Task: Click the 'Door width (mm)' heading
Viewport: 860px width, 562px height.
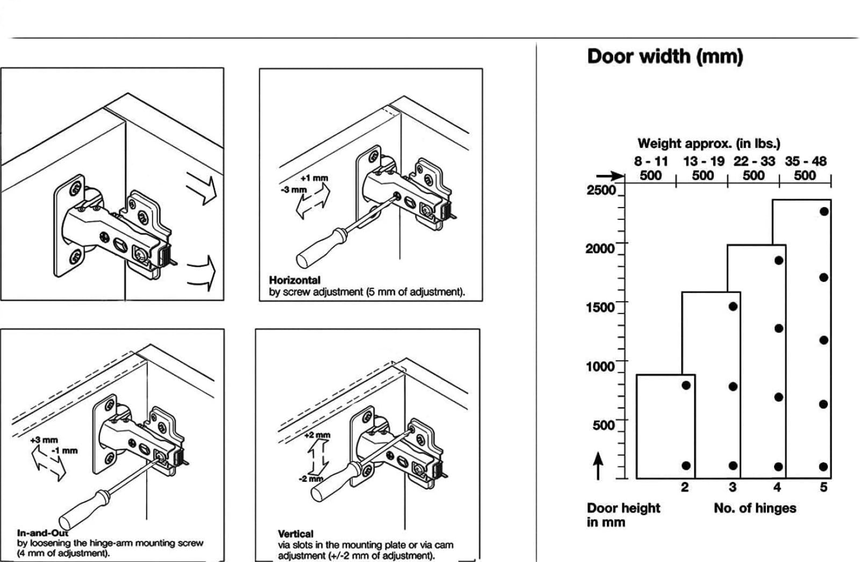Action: pos(665,57)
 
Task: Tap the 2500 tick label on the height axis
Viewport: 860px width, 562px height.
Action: pos(601,190)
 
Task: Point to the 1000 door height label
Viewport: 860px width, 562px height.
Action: pos(600,366)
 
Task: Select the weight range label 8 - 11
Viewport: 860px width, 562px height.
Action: pos(651,161)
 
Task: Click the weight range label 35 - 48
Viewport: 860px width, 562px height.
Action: pos(806,161)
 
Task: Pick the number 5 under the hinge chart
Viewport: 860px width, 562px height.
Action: pos(823,487)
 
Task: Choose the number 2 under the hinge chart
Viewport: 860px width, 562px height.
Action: pos(685,487)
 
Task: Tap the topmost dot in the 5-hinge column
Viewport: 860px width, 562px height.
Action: pos(825,211)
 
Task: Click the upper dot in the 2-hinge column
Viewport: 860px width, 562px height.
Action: pos(686,385)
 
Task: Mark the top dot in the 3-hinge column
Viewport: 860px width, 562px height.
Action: pos(733,307)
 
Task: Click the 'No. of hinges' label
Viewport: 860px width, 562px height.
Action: pos(755,508)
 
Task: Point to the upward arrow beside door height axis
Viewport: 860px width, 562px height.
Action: pos(598,466)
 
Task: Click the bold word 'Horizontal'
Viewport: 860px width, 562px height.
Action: pos(295,280)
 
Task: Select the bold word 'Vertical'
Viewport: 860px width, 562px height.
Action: pos(296,534)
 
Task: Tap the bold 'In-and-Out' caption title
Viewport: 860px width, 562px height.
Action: pos(42,533)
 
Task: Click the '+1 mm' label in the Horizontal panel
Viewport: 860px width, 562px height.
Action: pos(314,178)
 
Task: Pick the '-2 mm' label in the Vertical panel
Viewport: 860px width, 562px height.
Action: pos(311,479)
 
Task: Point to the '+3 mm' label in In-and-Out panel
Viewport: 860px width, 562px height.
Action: pos(44,440)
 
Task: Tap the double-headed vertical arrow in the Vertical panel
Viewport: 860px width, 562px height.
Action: pos(317,457)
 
